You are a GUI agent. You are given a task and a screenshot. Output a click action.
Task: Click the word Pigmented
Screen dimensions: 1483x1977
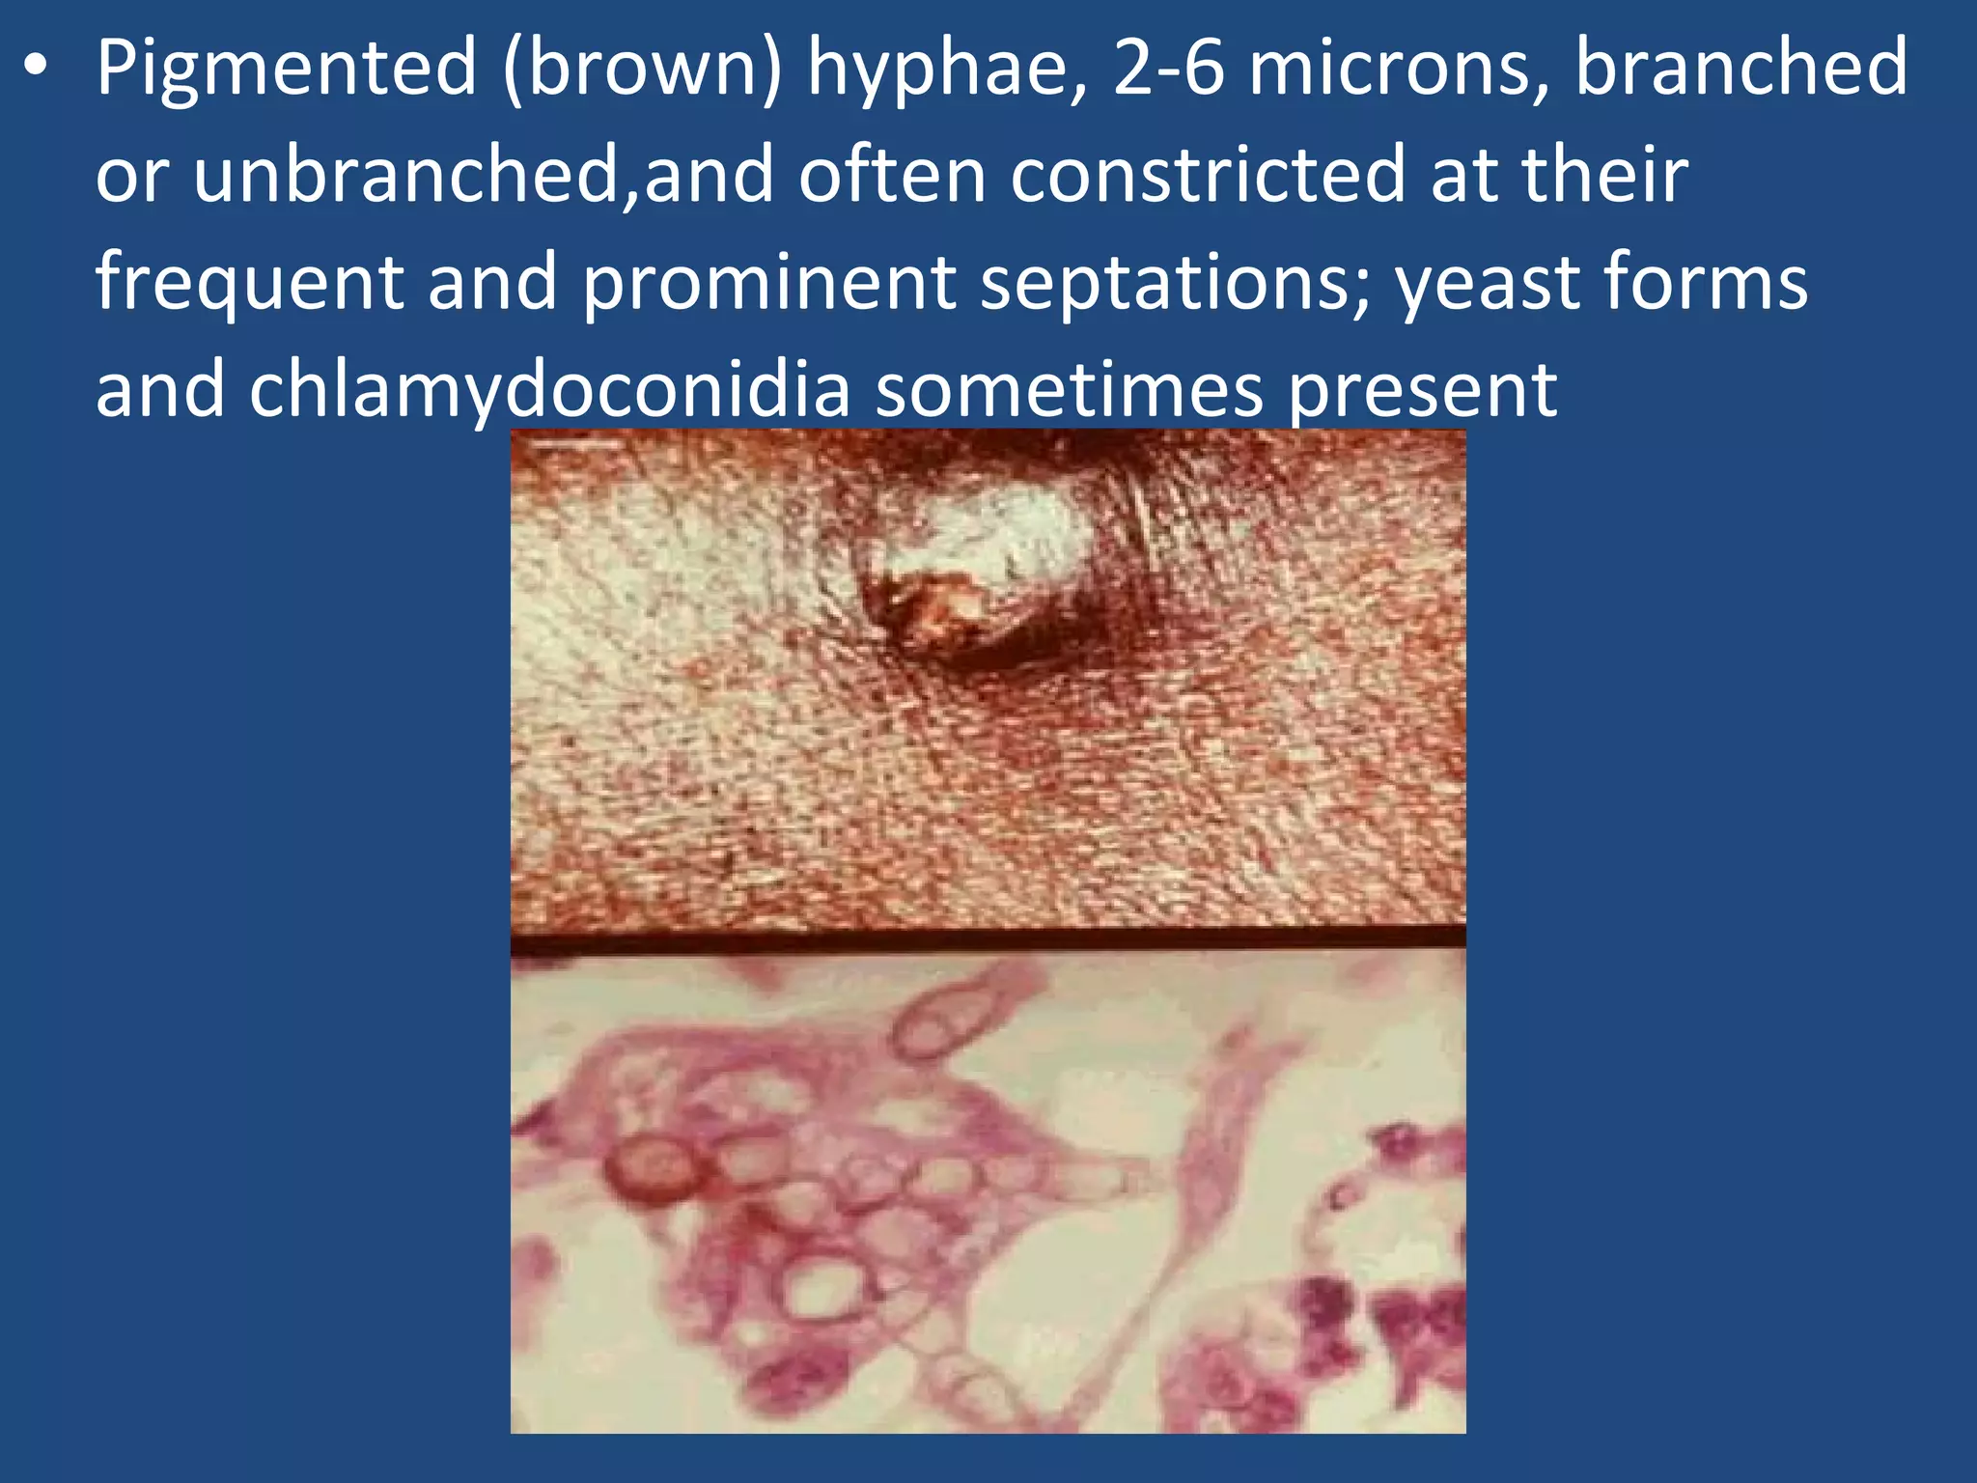coord(286,70)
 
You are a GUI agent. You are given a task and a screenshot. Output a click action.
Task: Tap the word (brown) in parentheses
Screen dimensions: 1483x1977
coord(641,70)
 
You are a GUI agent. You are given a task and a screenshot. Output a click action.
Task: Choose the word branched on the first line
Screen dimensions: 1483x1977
coord(1740,70)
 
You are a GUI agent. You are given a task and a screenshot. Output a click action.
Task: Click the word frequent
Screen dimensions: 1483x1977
coord(249,283)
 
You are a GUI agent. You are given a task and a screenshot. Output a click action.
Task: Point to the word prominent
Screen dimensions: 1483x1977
coord(769,283)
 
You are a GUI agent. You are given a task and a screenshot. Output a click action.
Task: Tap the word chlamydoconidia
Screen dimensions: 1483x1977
coord(549,390)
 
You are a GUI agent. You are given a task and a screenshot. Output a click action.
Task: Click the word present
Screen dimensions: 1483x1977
coord(1423,390)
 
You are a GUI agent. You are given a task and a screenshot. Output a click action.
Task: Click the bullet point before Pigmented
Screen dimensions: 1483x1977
coord(37,70)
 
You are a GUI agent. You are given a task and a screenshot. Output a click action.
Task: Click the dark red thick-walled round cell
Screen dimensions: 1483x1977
coord(655,1168)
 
